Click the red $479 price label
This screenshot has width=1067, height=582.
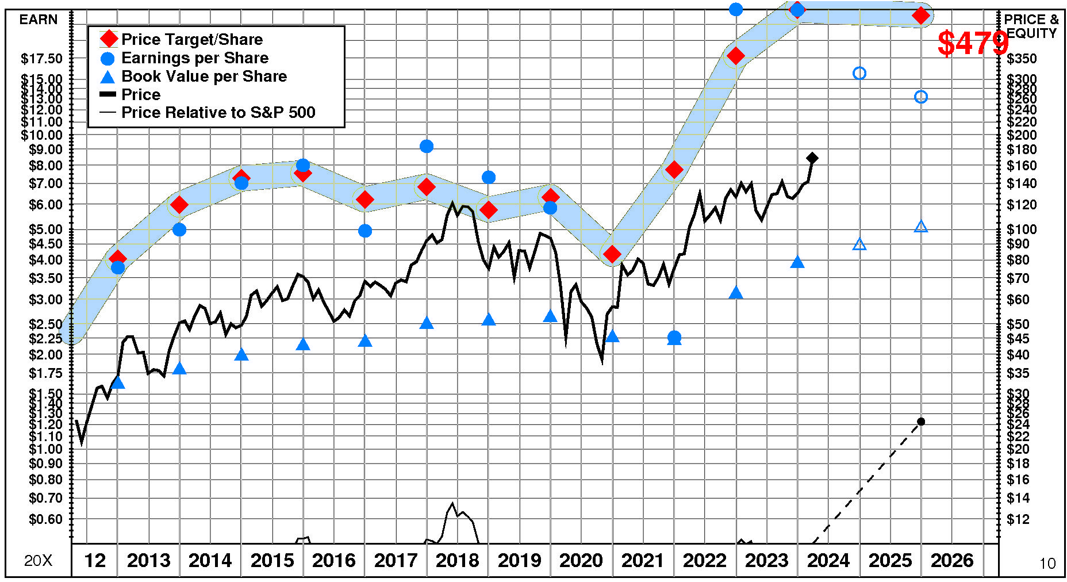pos(972,43)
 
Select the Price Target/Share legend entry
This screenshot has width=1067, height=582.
pos(191,40)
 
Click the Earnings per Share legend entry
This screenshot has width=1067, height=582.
pos(194,58)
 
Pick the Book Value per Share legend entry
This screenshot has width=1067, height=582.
pos(204,76)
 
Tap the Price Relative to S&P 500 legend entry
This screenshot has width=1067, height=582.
pos(218,112)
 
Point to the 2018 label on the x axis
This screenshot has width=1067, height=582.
pos(457,560)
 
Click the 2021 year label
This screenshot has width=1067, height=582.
pos(643,560)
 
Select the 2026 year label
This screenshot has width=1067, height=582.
pos(951,560)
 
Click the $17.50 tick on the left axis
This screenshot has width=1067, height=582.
pos(41,59)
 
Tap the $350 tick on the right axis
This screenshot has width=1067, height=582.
pos(1022,59)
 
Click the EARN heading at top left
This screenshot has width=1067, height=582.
pos(39,20)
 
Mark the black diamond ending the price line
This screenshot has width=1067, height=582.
pos(812,158)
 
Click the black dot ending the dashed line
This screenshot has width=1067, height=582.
pos(921,422)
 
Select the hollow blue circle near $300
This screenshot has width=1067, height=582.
pos(859,73)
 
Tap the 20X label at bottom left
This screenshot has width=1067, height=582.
pos(38,561)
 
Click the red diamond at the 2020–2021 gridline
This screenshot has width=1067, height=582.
pos(612,254)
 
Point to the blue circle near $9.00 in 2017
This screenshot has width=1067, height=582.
pos(427,147)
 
